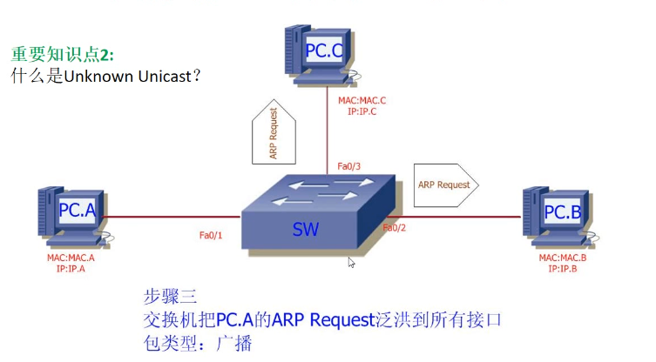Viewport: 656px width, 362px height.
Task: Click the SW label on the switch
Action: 305,231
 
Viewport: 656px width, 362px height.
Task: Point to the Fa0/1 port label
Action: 212,235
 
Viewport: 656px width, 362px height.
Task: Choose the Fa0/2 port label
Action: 395,228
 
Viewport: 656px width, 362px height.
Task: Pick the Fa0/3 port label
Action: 348,166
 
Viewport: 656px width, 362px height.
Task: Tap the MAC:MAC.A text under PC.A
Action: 71,258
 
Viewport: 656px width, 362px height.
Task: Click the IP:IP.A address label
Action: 71,269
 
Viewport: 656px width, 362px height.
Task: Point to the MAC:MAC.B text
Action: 563,258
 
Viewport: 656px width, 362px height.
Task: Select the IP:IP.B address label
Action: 563,269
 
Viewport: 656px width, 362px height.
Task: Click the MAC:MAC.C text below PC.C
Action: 362,101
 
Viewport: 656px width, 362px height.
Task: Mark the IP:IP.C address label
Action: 362,111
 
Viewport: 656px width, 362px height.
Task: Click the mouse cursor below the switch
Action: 352,262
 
